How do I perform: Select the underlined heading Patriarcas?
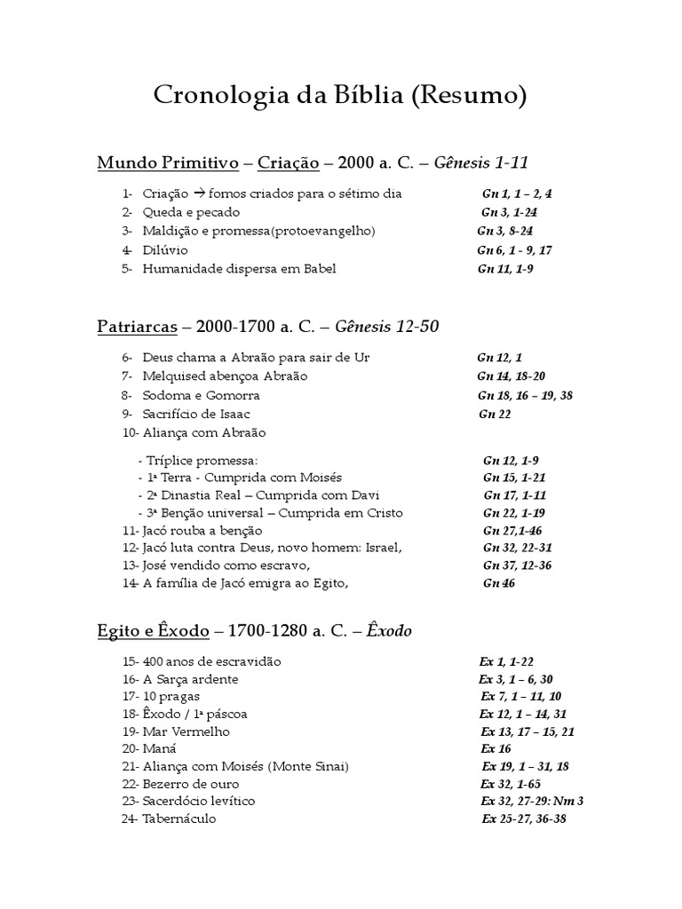137,327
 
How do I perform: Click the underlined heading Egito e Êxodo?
153,631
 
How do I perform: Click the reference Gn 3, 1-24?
509,212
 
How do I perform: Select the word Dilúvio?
165,250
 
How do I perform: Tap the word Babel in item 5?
319,269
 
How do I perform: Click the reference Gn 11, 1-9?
505,269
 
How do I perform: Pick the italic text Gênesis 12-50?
385,327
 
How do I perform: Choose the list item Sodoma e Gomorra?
201,395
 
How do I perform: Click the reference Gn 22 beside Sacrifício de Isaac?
495,414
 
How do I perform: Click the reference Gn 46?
498,583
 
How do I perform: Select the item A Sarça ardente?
190,679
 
